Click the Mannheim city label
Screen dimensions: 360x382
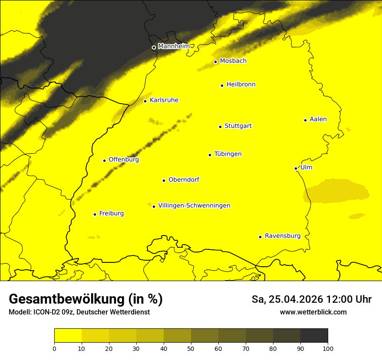(x=174, y=46)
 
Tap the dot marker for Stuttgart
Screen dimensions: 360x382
(x=220, y=127)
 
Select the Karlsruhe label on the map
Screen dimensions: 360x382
(x=164, y=100)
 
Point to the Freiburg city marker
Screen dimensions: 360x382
(x=95, y=214)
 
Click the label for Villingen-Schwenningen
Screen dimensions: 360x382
(x=194, y=206)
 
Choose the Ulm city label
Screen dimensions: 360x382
(x=306, y=167)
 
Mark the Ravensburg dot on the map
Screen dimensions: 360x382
(x=260, y=237)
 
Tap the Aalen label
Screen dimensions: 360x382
(x=318, y=119)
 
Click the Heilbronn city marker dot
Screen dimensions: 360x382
(x=222, y=85)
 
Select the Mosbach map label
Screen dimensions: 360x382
(x=233, y=61)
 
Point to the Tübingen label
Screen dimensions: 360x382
(x=228, y=154)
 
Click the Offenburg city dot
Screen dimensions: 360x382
(x=104, y=160)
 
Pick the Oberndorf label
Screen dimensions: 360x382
(x=184, y=180)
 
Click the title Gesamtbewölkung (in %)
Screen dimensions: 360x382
(x=86, y=299)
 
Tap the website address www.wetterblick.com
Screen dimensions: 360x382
(x=313, y=312)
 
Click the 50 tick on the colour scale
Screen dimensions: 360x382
(x=191, y=348)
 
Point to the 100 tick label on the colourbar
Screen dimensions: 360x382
(x=328, y=348)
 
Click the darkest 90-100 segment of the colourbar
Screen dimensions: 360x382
(x=314, y=335)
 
